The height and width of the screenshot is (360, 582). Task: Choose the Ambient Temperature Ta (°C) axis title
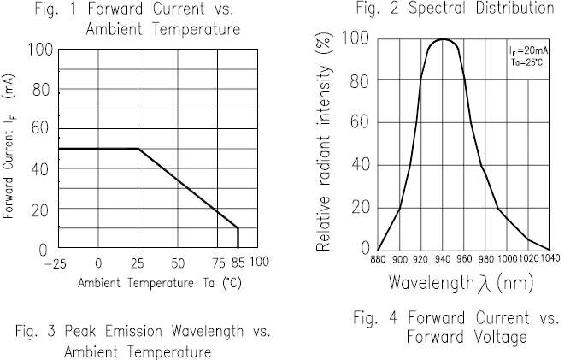[157, 282]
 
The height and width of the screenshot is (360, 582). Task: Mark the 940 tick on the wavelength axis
[443, 260]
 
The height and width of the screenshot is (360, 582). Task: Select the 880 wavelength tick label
[379, 260]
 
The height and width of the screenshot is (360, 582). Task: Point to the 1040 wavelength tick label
[550, 260]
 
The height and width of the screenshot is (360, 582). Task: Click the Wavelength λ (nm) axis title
[462, 281]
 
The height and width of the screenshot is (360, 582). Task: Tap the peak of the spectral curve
[443, 39]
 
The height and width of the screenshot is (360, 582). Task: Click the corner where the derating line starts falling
[138, 149]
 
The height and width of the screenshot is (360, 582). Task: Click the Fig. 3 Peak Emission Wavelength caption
[137, 341]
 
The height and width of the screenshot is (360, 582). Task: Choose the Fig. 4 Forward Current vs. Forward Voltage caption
[456, 327]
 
